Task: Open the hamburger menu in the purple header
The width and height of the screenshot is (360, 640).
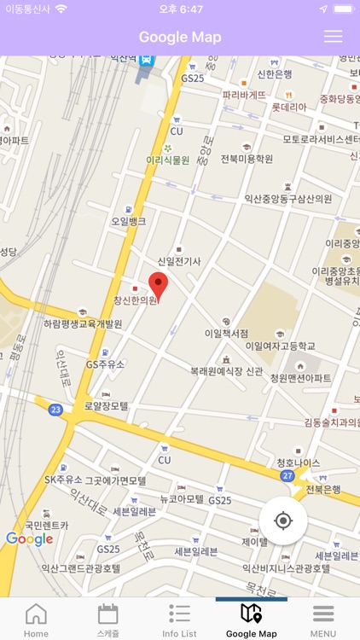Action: tap(333, 37)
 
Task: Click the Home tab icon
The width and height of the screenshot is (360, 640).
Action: tap(36, 620)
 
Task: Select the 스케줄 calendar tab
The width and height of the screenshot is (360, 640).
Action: tap(108, 620)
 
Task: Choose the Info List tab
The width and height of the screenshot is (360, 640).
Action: tap(179, 620)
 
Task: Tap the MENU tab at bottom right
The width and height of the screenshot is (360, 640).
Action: tap(322, 620)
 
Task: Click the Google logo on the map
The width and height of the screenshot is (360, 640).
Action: tap(30, 539)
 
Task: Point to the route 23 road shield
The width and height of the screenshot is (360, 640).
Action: tap(56, 410)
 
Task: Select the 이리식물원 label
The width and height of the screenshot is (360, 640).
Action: tap(167, 159)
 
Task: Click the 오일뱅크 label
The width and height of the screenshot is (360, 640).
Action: tap(128, 221)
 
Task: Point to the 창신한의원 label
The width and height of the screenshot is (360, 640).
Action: tap(136, 300)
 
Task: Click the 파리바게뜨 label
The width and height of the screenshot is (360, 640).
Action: tap(244, 95)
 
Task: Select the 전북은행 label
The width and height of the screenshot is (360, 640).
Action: tap(323, 490)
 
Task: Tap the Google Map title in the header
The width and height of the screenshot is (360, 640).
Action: tap(180, 37)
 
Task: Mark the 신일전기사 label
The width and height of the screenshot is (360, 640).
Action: tap(179, 261)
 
